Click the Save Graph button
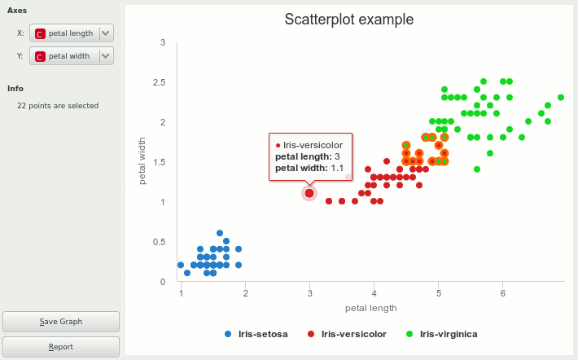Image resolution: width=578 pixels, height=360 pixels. point(61,321)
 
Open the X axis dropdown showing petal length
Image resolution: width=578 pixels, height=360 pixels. point(72,33)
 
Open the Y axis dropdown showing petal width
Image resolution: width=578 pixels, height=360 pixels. point(72,56)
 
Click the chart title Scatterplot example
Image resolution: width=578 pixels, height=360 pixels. point(348,20)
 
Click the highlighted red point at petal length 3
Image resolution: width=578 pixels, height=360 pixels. point(309,193)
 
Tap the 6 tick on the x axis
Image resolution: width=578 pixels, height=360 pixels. point(503,293)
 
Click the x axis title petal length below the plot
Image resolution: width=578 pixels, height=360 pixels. point(371,308)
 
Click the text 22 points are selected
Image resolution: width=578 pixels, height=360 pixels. point(58,106)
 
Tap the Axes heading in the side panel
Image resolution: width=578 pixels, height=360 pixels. point(17,11)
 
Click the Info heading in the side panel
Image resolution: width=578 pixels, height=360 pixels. point(15,88)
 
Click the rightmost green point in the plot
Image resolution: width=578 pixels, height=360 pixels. point(561,98)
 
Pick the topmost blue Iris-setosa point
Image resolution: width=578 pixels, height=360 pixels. point(220,233)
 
